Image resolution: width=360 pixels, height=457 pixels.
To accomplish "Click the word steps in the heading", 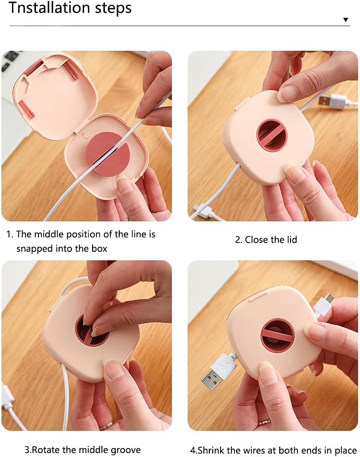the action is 112,8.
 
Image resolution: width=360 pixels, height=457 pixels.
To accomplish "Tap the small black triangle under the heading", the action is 345,20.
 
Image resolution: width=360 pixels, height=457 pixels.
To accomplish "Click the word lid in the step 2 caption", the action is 291,240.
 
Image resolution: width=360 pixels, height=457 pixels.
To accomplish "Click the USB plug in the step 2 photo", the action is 327,101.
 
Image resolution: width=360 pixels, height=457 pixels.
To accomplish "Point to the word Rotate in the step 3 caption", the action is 45,450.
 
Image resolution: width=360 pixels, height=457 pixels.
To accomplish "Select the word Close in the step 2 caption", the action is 256,240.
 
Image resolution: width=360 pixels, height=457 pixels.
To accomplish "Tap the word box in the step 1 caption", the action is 99,248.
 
